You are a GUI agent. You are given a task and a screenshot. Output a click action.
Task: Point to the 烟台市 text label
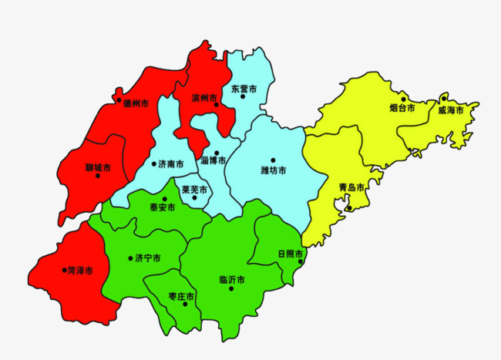click(402, 109)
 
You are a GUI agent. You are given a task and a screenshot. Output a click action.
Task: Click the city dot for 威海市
click(444, 99)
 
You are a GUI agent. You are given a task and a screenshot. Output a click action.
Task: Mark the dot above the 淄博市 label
click(217, 153)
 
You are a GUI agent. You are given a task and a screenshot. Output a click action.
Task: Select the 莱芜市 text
click(193, 189)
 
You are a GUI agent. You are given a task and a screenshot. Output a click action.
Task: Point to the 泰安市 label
click(162, 207)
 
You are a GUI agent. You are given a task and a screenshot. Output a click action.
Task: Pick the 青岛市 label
click(351, 187)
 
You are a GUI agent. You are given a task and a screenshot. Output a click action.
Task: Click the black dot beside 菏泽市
click(65, 270)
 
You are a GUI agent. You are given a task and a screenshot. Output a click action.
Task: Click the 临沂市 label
click(232, 279)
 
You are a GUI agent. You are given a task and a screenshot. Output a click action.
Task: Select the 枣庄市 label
click(181, 296)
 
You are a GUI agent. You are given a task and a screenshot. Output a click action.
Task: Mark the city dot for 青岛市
click(348, 207)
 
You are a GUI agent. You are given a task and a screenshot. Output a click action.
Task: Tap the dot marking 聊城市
click(97, 176)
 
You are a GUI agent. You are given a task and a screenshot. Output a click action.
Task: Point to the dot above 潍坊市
click(272, 160)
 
